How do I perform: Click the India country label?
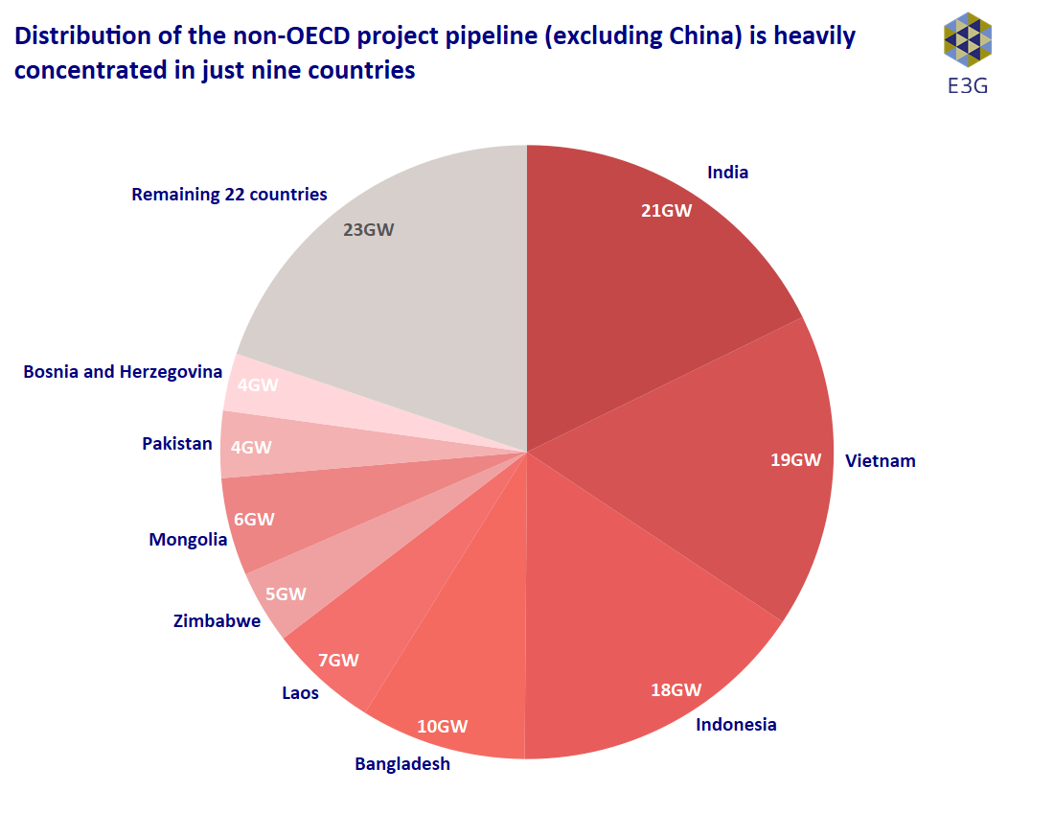tap(727, 173)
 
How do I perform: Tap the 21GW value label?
tap(666, 211)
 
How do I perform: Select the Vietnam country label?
tap(880, 461)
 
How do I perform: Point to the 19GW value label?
tap(795, 459)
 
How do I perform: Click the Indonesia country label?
tap(736, 724)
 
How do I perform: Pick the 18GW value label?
tap(676, 689)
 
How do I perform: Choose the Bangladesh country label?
tap(402, 764)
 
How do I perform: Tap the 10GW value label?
tap(442, 726)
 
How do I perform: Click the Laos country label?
tap(300, 692)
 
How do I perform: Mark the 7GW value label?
tap(338, 660)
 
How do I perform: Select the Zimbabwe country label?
tap(217, 621)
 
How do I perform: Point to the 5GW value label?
tap(286, 594)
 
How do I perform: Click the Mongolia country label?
tap(188, 540)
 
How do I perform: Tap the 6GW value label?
tap(254, 519)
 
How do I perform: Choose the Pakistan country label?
tap(177, 444)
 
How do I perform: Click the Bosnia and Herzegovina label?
tap(123, 371)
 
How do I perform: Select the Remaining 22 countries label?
tap(229, 195)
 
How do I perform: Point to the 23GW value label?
tap(368, 230)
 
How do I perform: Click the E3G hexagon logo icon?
tap(967, 39)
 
